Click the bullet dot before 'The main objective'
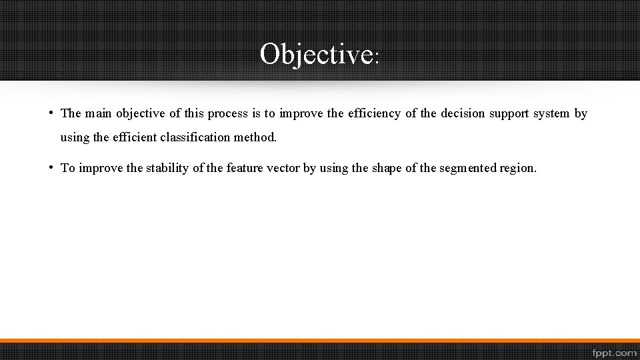(x=51, y=112)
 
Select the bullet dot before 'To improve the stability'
(x=51, y=167)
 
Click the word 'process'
(x=228, y=113)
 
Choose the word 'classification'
(x=193, y=137)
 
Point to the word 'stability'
(x=167, y=168)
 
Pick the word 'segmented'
(x=468, y=169)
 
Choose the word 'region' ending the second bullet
(x=518, y=169)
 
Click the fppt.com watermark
(x=613, y=351)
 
